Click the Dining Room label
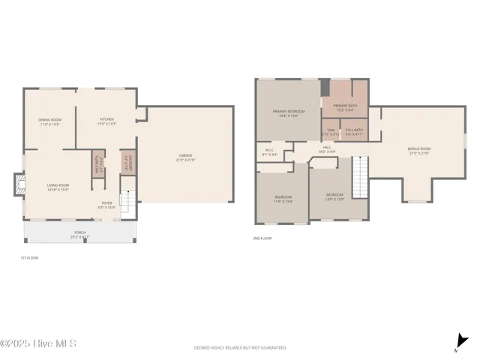tap(49, 121)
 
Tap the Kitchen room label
tap(106, 121)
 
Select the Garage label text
tap(184, 157)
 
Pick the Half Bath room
tap(97, 163)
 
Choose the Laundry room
tap(125, 163)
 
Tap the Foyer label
tap(108, 204)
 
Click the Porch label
tap(79, 234)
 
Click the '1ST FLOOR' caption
tap(29, 257)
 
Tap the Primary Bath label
tap(346, 107)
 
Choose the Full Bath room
tap(355, 131)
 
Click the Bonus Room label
tap(419, 150)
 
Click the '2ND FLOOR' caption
tap(262, 238)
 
